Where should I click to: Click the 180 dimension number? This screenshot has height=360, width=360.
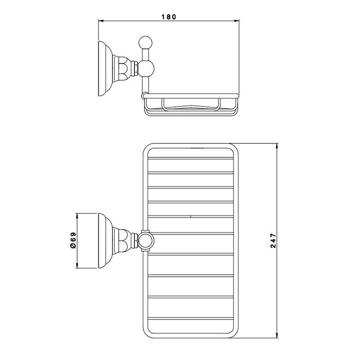169,17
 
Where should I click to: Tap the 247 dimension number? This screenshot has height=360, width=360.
273,241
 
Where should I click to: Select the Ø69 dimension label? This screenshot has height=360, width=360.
73,240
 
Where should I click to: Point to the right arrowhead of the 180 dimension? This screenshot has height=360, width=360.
237,21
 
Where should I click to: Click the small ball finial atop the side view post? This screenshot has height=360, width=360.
146,43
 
